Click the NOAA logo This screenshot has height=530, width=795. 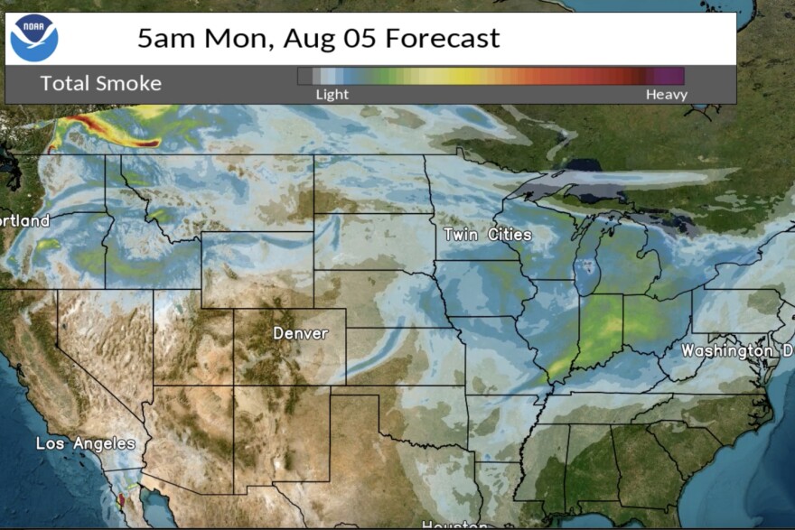[x=33, y=37]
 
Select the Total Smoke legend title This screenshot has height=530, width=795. [x=100, y=84]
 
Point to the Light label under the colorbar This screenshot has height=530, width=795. [x=332, y=95]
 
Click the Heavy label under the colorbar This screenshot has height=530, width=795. [x=666, y=95]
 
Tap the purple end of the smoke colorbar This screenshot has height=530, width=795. [x=670, y=76]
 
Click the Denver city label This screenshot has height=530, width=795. [x=301, y=334]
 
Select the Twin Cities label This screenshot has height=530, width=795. [x=487, y=235]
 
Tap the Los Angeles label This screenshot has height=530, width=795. [x=85, y=443]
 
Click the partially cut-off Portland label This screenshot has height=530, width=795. [x=24, y=220]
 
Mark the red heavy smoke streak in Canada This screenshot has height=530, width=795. [x=108, y=131]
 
